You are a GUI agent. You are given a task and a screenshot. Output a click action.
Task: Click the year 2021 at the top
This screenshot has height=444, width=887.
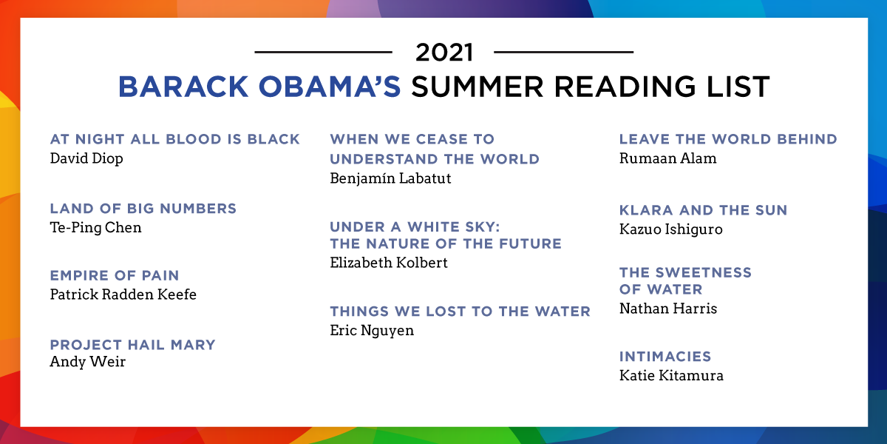pos(444,53)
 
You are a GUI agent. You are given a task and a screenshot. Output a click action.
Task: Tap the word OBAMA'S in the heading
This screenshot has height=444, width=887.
pos(330,87)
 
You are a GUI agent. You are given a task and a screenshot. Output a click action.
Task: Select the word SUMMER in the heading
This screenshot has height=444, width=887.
pos(478,87)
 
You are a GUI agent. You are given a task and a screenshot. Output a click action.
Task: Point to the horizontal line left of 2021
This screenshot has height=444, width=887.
pos(323,52)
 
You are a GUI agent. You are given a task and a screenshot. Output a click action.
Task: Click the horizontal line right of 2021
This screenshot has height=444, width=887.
pos(563,52)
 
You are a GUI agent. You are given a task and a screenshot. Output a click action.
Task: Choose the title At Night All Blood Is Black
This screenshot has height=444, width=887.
pos(175,139)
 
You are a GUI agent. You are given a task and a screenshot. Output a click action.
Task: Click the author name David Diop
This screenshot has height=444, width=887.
pos(86,158)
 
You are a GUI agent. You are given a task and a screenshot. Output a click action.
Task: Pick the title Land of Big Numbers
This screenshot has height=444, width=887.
pos(143,209)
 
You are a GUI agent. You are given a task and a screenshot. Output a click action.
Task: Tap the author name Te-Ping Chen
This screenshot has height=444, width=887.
pos(95,228)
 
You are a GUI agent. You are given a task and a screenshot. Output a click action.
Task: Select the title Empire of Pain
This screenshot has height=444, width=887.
pos(115,275)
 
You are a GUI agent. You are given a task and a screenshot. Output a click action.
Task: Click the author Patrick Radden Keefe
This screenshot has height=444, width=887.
pos(123,295)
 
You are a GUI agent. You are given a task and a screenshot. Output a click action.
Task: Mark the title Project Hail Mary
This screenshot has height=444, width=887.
pos(132,345)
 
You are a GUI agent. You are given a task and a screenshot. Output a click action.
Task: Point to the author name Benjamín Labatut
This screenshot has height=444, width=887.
pos(390,178)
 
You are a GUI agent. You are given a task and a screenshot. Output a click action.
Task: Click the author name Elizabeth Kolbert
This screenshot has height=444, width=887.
pos(389,263)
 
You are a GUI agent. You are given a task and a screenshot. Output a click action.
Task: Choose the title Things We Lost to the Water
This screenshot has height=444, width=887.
pos(460,312)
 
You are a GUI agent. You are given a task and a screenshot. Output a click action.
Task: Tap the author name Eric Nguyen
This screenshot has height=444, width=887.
pos(372,331)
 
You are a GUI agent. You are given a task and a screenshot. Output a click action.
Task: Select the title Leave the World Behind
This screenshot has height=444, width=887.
pos(728,139)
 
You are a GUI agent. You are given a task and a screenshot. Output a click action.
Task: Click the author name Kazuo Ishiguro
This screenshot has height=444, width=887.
pos(671,229)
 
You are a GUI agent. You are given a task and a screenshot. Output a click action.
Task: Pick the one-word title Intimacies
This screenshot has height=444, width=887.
pos(665,357)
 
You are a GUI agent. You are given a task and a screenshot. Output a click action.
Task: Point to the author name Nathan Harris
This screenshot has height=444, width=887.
pos(668,309)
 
